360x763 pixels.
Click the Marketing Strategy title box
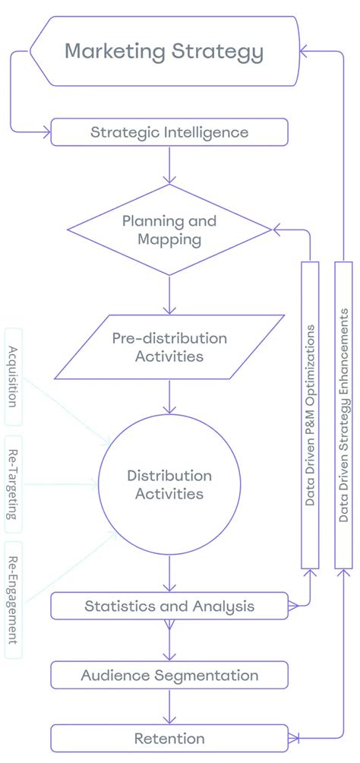[163, 52]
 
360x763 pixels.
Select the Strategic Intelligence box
[169, 132]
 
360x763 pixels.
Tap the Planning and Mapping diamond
[169, 230]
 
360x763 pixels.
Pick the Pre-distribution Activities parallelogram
[169, 347]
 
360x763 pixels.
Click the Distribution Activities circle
[169, 485]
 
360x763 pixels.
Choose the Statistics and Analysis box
[169, 606]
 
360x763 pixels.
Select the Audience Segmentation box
[169, 675]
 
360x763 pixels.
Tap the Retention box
[169, 738]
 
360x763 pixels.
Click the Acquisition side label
[13, 375]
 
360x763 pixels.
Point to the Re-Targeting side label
[13, 484]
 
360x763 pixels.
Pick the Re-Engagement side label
[13, 600]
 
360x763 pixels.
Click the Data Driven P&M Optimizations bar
[310, 414]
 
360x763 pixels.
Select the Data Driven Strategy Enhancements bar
[344, 414]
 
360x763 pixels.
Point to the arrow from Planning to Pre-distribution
[169, 295]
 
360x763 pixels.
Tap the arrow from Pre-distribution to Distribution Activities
[169, 397]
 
